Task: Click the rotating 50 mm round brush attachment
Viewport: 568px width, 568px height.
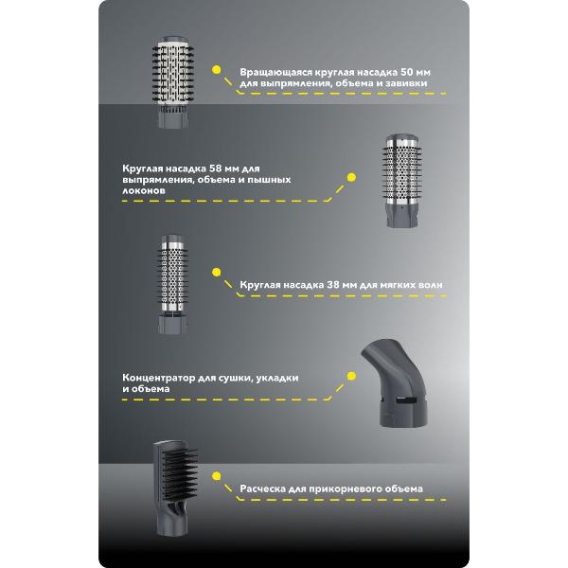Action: pyautogui.click(x=173, y=81)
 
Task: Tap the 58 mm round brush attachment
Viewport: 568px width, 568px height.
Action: pyautogui.click(x=402, y=181)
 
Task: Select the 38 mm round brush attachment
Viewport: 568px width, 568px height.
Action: pyautogui.click(x=173, y=284)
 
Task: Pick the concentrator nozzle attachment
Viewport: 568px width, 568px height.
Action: pyautogui.click(x=395, y=382)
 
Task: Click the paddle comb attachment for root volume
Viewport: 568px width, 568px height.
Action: pyautogui.click(x=175, y=488)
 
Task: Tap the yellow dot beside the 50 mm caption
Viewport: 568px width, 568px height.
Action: pyautogui.click(x=216, y=70)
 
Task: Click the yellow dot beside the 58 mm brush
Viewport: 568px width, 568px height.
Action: pyautogui.click(x=351, y=177)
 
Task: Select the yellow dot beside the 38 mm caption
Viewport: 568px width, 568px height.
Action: pyautogui.click(x=216, y=272)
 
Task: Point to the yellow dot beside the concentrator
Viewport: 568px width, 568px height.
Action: pyautogui.click(x=351, y=376)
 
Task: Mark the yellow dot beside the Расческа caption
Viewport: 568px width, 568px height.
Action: pyautogui.click(x=216, y=476)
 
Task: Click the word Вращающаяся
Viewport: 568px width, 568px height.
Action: pyautogui.click(x=275, y=73)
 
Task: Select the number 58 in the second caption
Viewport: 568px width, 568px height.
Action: pyautogui.click(x=216, y=169)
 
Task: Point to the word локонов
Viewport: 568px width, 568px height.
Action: pyautogui.click(x=144, y=190)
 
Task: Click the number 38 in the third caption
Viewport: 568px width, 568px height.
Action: pyautogui.click(x=334, y=285)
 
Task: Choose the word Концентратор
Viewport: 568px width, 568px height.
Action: pyautogui.click(x=159, y=378)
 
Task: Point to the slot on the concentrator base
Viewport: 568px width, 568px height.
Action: pyautogui.click(x=405, y=401)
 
